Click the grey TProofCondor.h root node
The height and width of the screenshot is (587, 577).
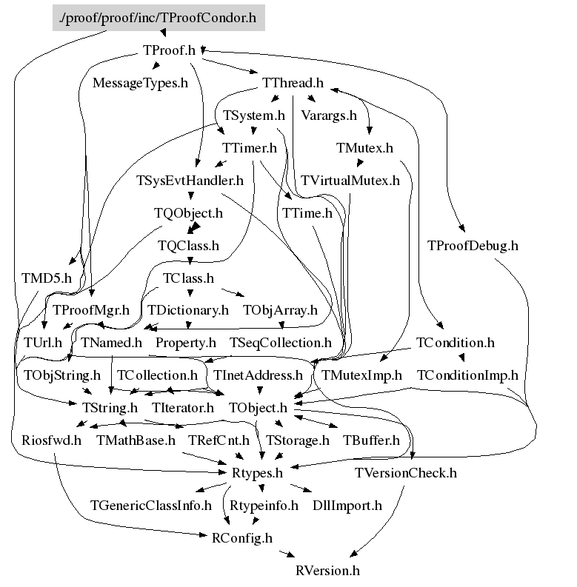159,18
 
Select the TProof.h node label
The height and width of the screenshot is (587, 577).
168,50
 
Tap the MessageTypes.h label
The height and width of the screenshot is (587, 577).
140,83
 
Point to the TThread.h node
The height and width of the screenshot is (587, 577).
293,83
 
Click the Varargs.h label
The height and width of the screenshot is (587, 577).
329,115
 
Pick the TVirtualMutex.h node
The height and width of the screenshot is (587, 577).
350,180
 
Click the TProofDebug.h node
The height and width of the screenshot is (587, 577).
473,245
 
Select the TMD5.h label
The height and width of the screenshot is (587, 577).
47,278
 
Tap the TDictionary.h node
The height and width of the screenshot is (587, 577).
188,310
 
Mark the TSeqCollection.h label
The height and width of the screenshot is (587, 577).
281,343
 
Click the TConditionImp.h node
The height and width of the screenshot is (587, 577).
467,375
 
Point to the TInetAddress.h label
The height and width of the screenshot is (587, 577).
258,375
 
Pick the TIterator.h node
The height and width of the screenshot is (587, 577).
183,407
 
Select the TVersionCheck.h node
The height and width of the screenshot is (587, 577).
406,472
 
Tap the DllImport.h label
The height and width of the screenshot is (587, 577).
347,506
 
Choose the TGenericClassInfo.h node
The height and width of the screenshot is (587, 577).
151,506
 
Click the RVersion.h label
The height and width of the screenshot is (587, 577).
327,571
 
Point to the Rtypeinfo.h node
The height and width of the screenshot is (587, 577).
264,506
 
